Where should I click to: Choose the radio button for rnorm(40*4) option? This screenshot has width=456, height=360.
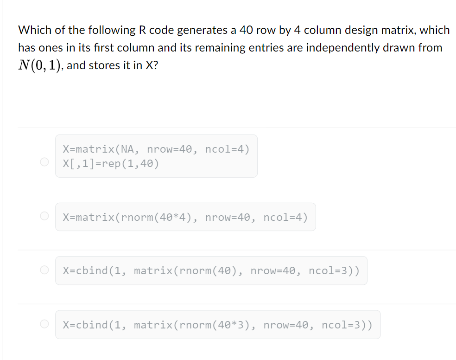(x=44, y=216)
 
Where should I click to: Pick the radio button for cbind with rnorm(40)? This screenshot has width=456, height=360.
(x=44, y=270)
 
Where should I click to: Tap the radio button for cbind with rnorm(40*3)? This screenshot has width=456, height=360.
(x=44, y=324)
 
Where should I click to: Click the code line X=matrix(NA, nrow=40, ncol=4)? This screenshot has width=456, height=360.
(x=156, y=149)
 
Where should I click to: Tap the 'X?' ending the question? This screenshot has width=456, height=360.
(x=151, y=65)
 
